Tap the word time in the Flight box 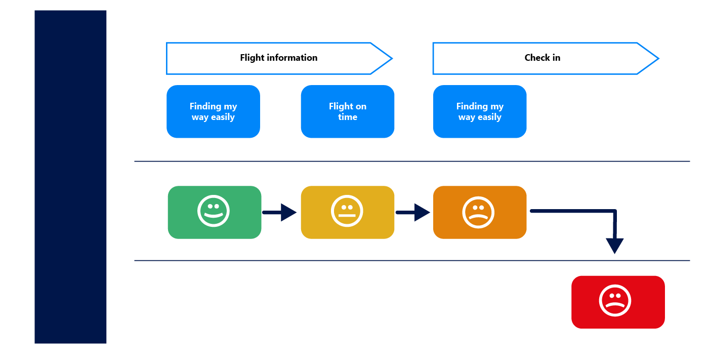(x=348, y=117)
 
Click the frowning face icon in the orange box (x=478, y=212)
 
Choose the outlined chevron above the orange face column (x=546, y=59)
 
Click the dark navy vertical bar (x=70, y=177)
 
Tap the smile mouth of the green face (x=214, y=216)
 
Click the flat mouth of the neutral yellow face (x=347, y=216)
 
